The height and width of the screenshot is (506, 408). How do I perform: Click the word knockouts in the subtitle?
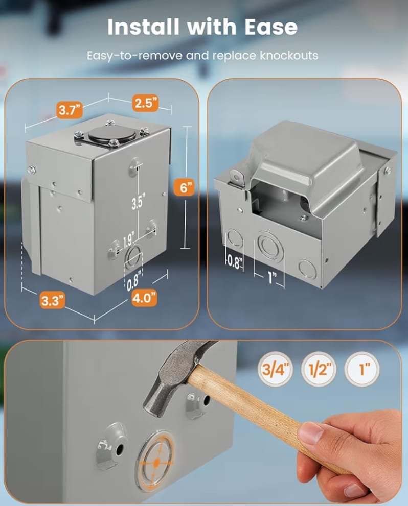coord(289,56)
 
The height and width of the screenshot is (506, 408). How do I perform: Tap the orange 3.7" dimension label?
coord(70,110)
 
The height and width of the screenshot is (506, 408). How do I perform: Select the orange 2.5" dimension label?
coord(145,103)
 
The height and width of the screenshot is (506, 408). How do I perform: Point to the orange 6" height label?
coord(184,187)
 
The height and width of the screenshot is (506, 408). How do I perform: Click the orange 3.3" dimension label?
coord(53,301)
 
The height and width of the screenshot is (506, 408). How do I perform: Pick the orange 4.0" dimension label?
coord(144,298)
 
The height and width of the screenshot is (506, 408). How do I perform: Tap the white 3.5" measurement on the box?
coord(138,203)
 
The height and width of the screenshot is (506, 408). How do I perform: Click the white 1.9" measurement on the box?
coord(128,239)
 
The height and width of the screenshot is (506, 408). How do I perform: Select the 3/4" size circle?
coord(275,369)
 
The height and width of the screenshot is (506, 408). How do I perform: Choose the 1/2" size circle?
coord(319,369)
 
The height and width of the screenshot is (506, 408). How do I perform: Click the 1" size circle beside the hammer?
coord(362,369)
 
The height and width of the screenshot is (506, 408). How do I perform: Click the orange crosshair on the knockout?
coord(156,463)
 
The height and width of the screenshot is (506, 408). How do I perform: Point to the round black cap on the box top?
coord(112,133)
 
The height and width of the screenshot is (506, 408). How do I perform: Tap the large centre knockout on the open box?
coord(270,246)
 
